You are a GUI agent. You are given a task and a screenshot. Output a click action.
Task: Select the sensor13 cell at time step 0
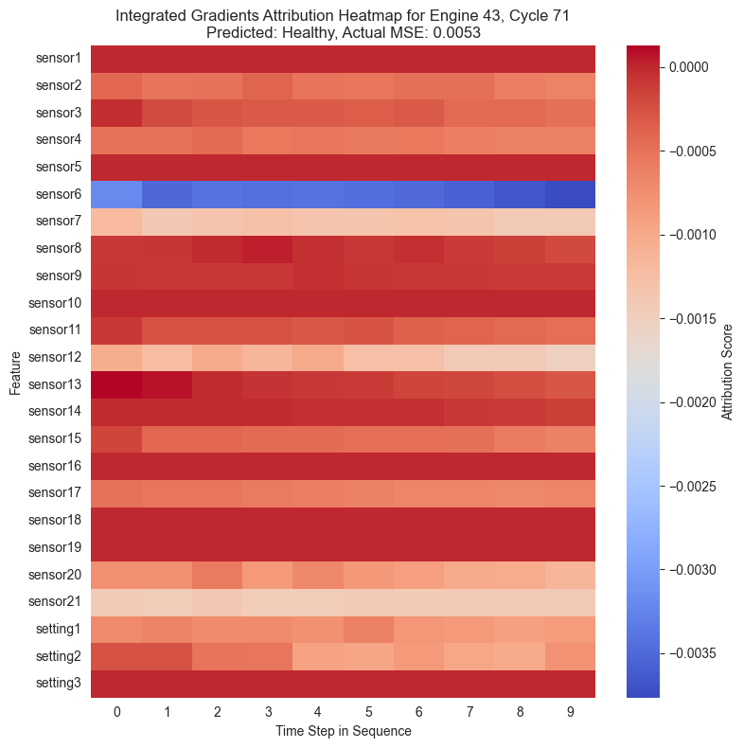coord(116,384)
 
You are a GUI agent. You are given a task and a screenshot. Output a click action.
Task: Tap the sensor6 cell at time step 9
coord(570,194)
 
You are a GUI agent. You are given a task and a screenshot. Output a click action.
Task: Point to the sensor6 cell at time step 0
coord(116,194)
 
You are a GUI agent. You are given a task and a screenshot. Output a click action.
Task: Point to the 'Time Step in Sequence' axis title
coord(343,731)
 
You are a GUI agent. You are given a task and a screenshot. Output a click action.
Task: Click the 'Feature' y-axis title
coord(15,371)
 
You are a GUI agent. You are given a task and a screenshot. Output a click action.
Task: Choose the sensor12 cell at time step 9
coord(570,357)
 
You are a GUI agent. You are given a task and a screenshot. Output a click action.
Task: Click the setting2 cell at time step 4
coord(318,656)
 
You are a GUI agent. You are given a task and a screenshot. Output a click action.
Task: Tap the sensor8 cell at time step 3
coord(268,248)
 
